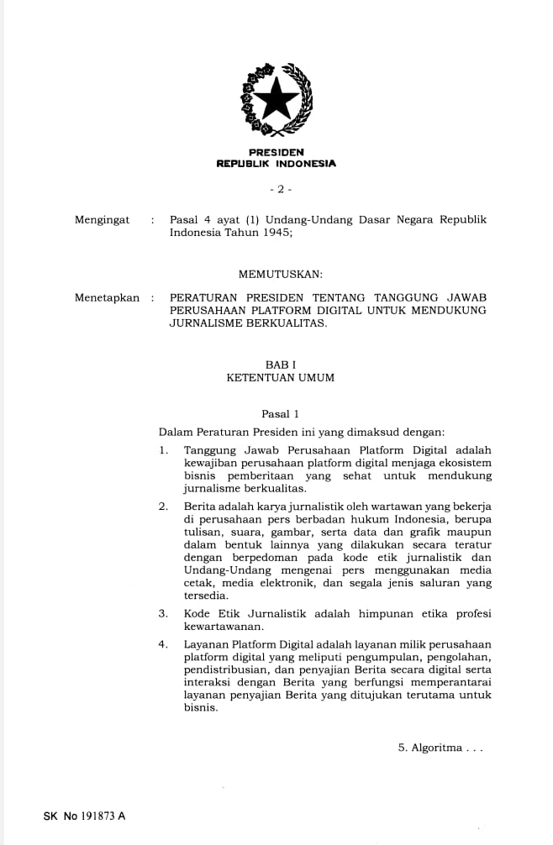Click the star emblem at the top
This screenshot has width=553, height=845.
[x=276, y=99]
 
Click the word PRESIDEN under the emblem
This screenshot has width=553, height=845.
[x=276, y=152]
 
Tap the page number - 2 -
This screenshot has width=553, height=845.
[x=276, y=189]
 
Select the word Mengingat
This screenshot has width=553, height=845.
[x=103, y=220]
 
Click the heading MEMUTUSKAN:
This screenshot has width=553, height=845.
[x=280, y=274]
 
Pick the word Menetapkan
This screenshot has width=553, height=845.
[x=107, y=297]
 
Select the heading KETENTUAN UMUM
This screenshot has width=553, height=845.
[x=280, y=378]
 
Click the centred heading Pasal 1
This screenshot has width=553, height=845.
[x=280, y=414]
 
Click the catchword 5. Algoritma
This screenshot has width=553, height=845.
[x=440, y=748]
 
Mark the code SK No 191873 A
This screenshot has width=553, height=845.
[x=84, y=816]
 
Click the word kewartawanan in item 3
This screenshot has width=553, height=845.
[x=223, y=627]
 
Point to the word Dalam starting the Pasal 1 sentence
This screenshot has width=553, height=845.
[x=175, y=433]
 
